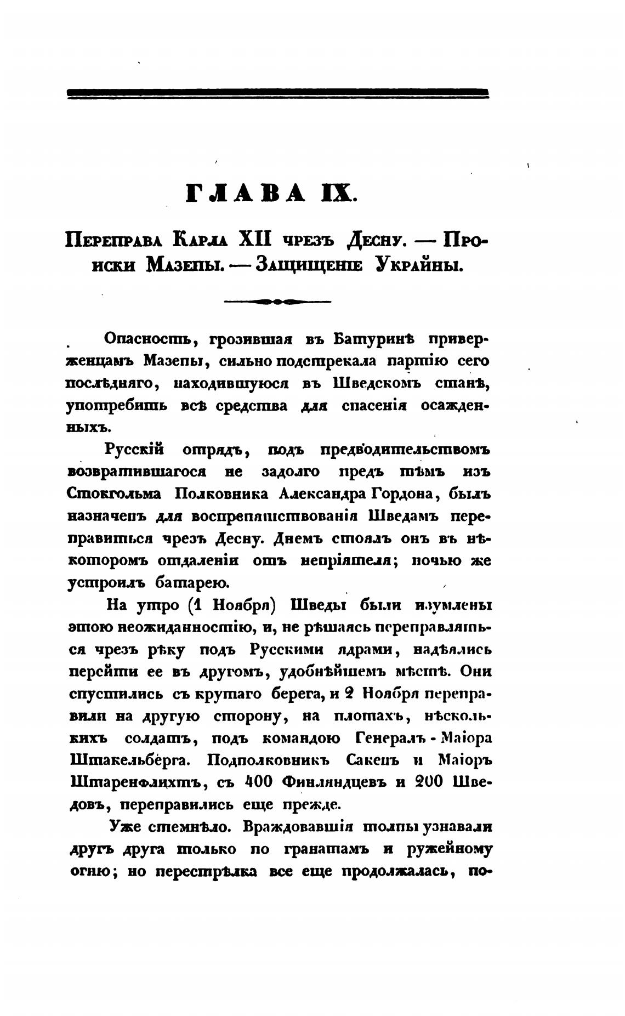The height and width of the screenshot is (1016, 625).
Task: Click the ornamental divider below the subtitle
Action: tap(278, 300)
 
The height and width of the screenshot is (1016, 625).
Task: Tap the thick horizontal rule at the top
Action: tap(277, 93)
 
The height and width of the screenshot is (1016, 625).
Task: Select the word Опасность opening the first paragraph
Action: tap(144, 340)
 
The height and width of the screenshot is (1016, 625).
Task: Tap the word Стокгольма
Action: tap(114, 494)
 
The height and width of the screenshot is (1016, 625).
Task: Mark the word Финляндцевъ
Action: tap(334, 783)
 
